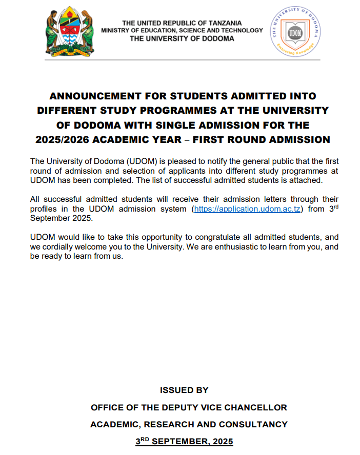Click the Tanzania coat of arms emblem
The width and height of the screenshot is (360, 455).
click(x=70, y=31)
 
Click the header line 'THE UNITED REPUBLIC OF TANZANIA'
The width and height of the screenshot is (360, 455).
click(x=182, y=23)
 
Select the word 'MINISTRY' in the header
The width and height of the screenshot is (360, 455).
click(x=116, y=31)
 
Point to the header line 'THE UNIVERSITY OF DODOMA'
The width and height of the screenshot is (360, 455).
click(x=182, y=38)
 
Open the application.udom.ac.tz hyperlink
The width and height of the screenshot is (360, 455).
click(x=246, y=210)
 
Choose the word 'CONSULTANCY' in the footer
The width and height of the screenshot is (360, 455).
click(x=253, y=424)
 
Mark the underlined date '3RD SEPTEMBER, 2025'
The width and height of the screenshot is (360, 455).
click(x=184, y=441)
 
